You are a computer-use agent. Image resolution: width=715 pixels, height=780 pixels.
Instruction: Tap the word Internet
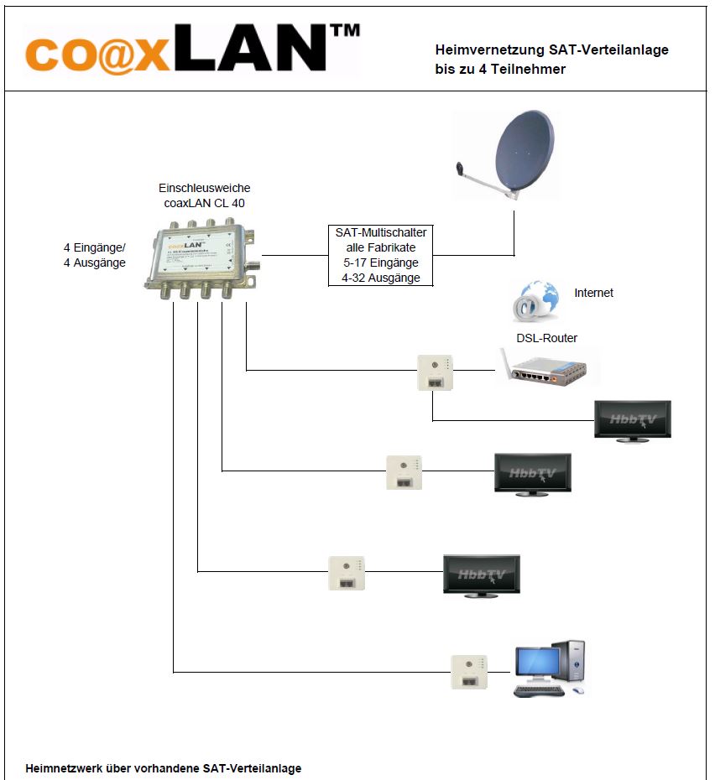point(593,293)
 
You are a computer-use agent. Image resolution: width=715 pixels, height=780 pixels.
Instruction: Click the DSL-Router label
point(546,338)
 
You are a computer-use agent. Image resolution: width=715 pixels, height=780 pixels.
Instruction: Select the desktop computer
point(550,668)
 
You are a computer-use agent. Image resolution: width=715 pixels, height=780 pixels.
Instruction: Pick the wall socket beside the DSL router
point(435,371)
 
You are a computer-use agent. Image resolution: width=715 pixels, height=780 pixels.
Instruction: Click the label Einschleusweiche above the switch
point(204,188)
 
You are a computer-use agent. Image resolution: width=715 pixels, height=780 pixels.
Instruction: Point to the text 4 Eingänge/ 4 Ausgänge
point(95,255)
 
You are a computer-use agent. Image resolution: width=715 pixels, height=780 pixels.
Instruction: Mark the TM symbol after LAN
point(345,30)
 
